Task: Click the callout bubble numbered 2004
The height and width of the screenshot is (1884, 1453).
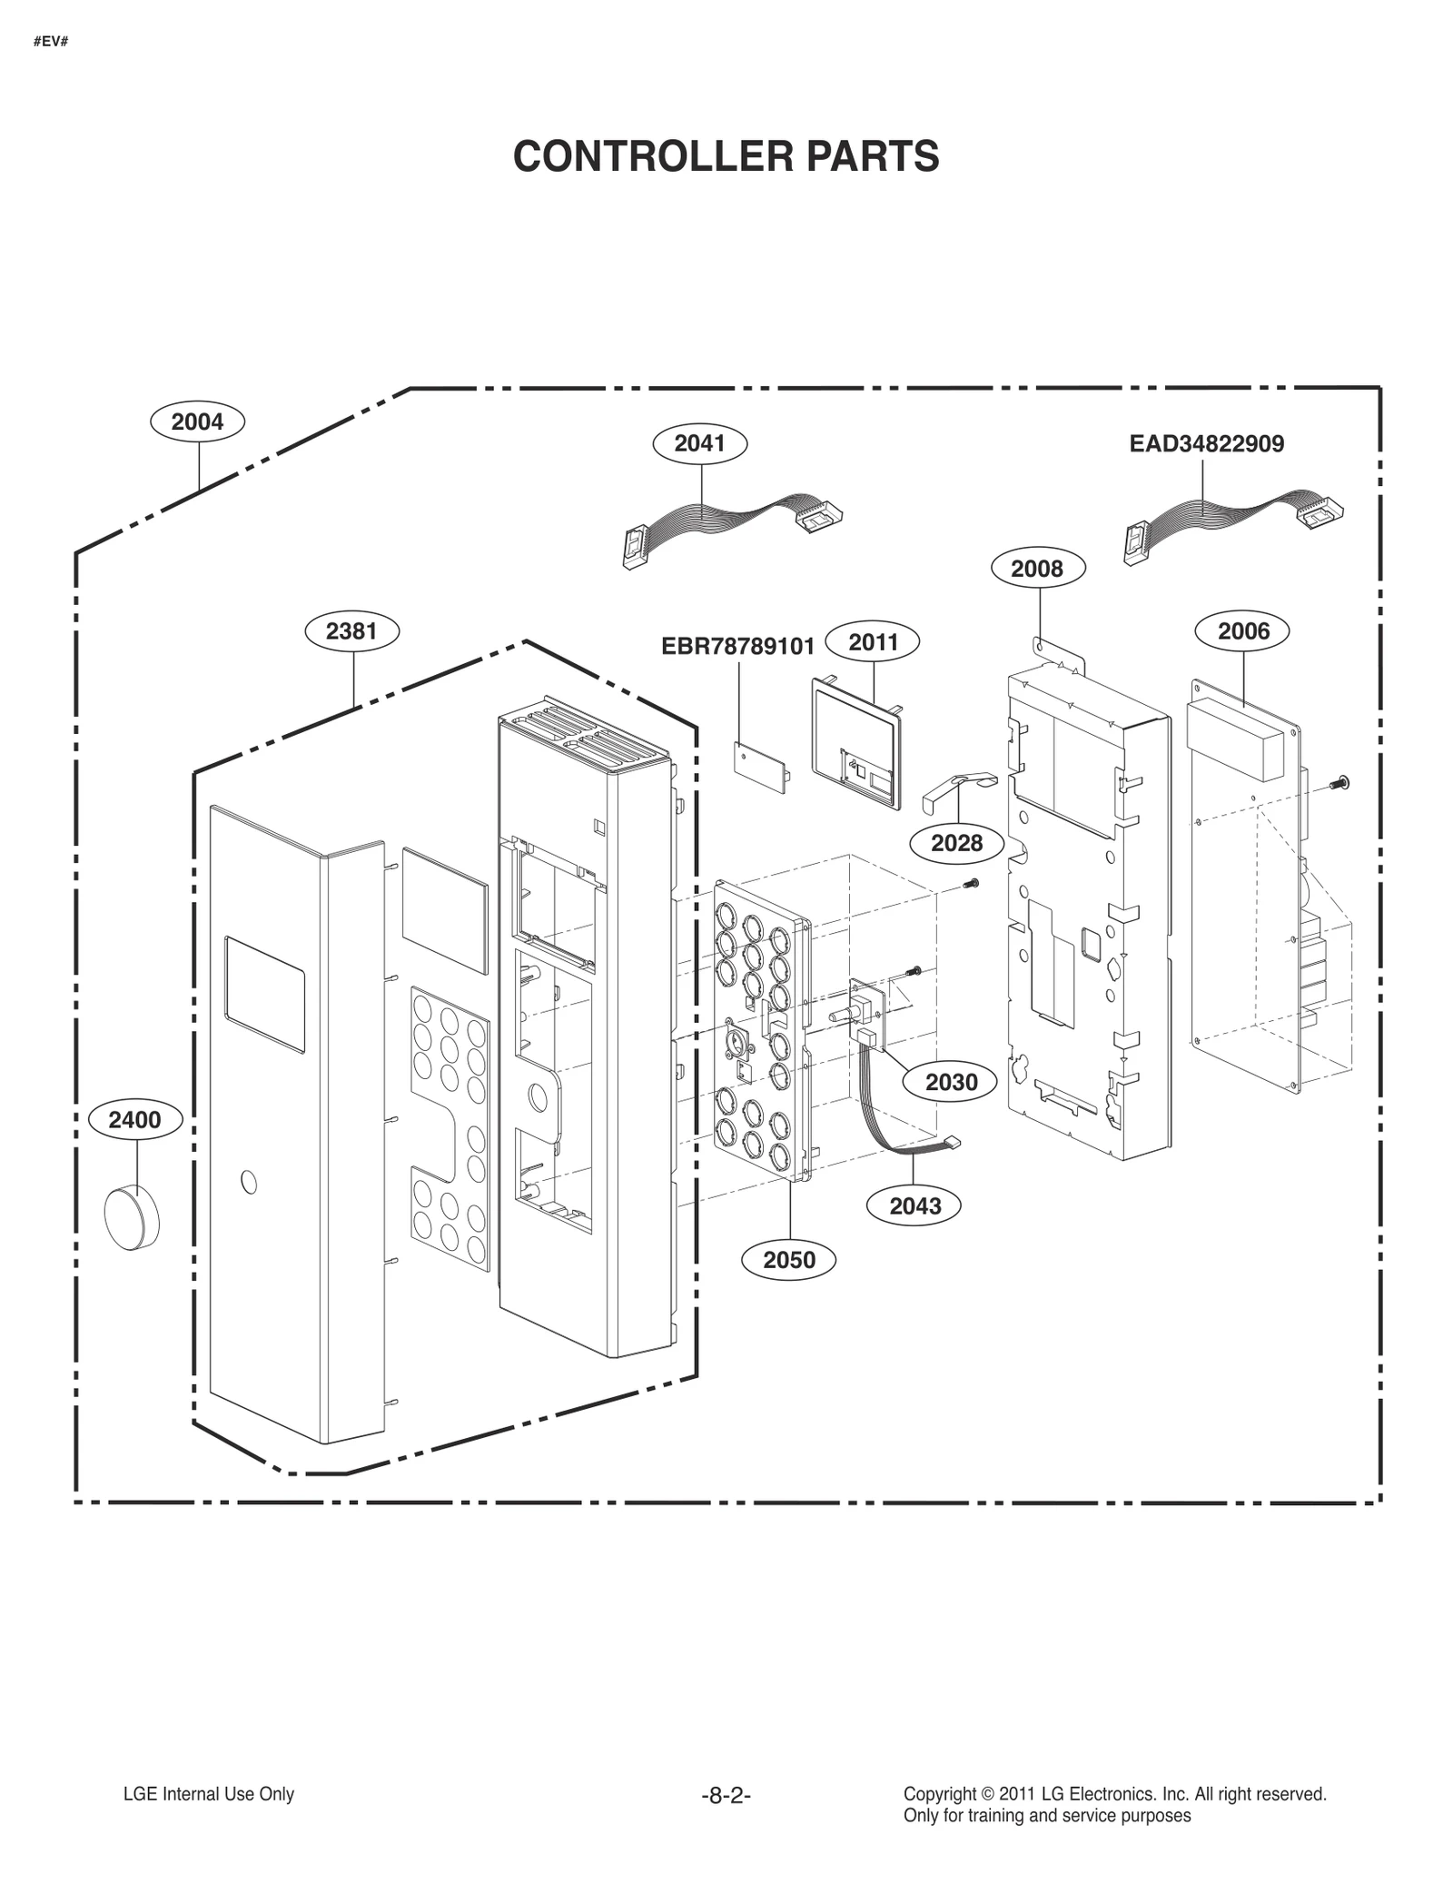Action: click(197, 421)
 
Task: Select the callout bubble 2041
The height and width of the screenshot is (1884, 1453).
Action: click(699, 443)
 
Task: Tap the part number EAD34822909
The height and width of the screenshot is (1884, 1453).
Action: click(1206, 444)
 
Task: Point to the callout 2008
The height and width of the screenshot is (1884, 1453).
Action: click(1036, 569)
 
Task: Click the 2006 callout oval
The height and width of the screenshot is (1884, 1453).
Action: click(1242, 631)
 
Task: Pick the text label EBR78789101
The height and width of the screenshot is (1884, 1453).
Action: click(737, 647)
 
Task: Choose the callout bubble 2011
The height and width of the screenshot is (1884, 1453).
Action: click(873, 642)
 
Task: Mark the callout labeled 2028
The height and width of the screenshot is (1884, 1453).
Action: click(956, 843)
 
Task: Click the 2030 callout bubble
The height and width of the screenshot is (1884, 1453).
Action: click(951, 1082)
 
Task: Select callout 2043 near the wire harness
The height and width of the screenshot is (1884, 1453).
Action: click(914, 1205)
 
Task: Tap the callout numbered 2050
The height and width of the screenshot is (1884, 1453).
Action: click(788, 1259)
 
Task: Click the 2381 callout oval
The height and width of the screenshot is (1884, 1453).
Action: click(351, 630)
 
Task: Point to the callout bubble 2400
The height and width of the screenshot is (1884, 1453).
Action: click(134, 1120)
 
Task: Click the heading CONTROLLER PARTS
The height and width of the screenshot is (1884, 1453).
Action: click(726, 156)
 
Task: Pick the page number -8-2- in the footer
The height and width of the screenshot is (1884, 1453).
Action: click(726, 1795)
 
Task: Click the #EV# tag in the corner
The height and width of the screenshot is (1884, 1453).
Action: click(51, 43)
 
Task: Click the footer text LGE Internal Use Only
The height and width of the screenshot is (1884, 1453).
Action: click(209, 1794)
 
